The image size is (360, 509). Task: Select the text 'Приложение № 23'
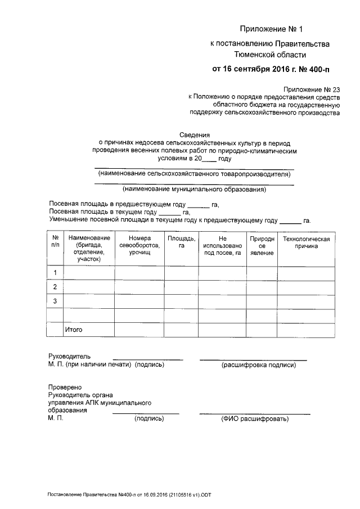pyautogui.click(x=313, y=89)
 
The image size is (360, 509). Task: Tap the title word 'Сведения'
pyautogui.click(x=195, y=135)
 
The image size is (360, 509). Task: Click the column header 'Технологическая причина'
pyautogui.click(x=306, y=243)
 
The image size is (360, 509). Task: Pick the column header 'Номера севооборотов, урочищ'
pyautogui.click(x=139, y=246)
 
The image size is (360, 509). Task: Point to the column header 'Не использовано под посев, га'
pyautogui.click(x=222, y=246)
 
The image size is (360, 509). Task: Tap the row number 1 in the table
pyautogui.click(x=55, y=273)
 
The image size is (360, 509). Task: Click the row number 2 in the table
pyautogui.click(x=55, y=287)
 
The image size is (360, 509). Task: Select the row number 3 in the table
pyautogui.click(x=55, y=301)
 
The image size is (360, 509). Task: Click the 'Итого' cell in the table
pyautogui.click(x=74, y=330)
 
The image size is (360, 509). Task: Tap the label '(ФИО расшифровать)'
pyautogui.click(x=254, y=419)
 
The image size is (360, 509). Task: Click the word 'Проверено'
pyautogui.click(x=65, y=388)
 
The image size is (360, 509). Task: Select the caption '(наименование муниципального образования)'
pyautogui.click(x=195, y=190)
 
